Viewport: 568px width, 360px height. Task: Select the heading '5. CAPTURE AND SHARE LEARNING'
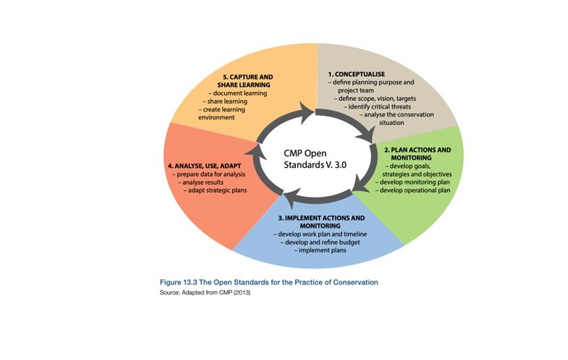click(245, 80)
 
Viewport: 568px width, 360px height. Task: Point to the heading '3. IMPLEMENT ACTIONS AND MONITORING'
click(321, 221)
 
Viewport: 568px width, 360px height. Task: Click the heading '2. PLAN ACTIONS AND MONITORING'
click(417, 154)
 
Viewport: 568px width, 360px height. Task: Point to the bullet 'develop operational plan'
click(413, 190)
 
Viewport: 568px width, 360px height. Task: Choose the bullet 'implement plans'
click(321, 250)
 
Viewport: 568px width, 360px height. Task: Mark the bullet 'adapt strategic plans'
click(217, 191)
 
